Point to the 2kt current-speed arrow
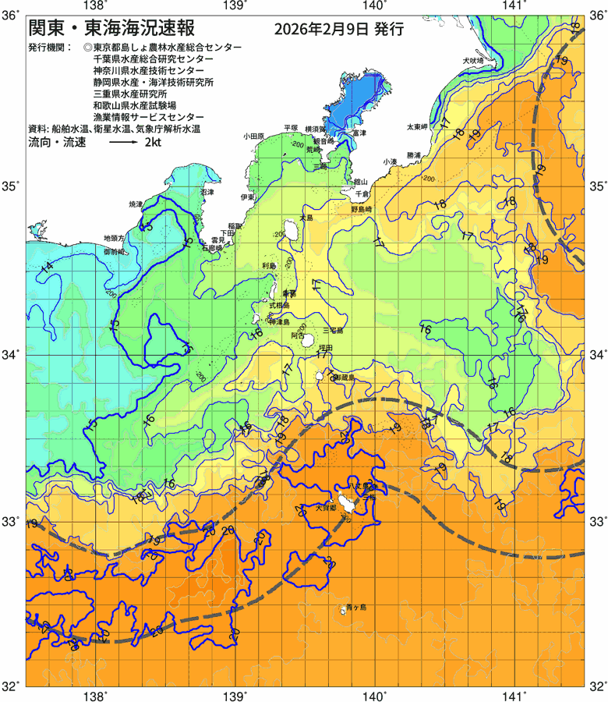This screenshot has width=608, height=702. pyautogui.click(x=122, y=144)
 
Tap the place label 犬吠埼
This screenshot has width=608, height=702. pyautogui.click(x=472, y=60)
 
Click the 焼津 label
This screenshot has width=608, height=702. pyautogui.click(x=136, y=204)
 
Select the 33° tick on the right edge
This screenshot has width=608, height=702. pyautogui.click(x=597, y=520)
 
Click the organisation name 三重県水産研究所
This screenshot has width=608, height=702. pyautogui.click(x=130, y=93)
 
